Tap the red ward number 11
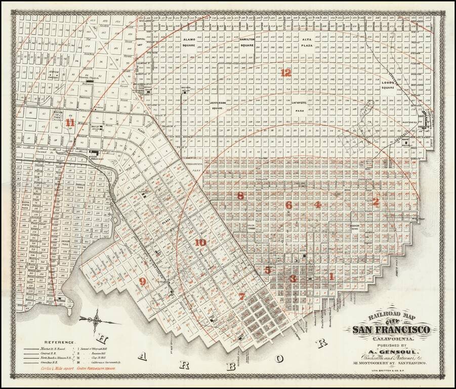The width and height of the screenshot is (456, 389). (70, 123)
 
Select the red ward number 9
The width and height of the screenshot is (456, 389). (143, 281)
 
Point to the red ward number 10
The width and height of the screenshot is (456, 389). (200, 243)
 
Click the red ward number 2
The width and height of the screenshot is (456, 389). (376, 201)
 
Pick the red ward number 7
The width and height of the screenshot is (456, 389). (242, 296)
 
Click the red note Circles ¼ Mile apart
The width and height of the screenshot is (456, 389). (54, 375)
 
